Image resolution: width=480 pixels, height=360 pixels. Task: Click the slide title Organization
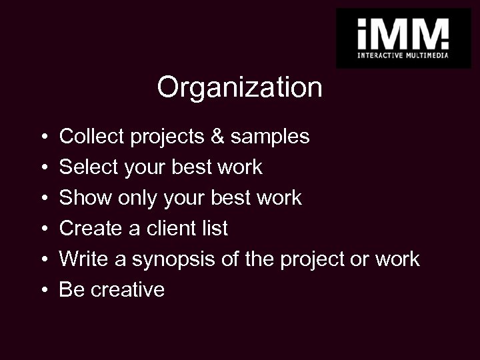click(x=239, y=87)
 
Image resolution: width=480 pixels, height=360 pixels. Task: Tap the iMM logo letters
click(x=403, y=32)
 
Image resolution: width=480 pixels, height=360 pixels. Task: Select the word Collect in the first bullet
click(x=91, y=137)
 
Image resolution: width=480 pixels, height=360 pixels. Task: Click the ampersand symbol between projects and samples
click(x=217, y=137)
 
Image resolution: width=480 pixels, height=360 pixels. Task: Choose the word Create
click(x=90, y=229)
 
